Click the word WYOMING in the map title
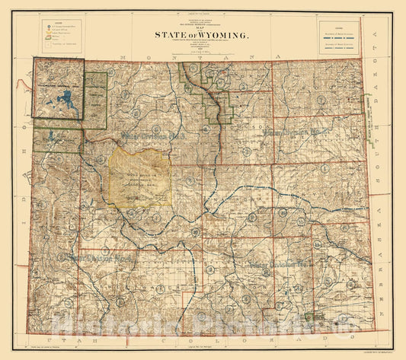coord(222,34)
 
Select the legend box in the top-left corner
coord(60,33)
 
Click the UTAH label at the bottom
coord(60,342)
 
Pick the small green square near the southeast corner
coord(308,316)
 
